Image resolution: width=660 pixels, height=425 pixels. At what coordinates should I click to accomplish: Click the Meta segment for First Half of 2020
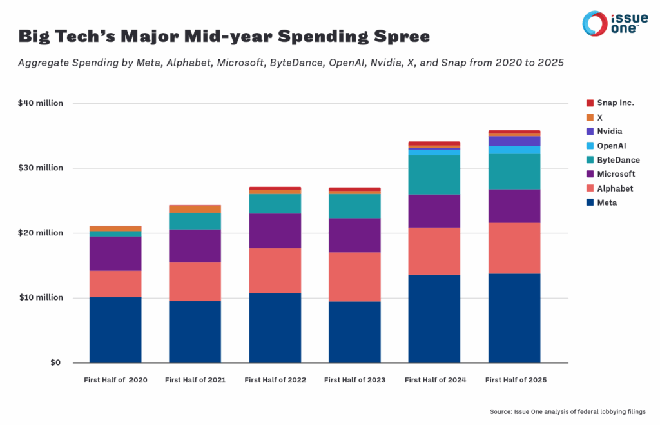point(115,330)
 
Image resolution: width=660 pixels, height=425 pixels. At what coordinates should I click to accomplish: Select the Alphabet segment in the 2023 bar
point(354,277)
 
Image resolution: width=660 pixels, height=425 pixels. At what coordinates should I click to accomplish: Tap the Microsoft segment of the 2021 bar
point(195,246)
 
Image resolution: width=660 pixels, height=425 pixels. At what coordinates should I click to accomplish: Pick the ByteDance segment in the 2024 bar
point(434,175)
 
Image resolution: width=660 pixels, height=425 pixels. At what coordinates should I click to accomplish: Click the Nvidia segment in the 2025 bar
point(514,141)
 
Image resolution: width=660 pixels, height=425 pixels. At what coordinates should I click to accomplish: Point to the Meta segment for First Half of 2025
point(514,318)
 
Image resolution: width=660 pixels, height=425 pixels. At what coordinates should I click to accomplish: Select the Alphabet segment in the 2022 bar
point(275,270)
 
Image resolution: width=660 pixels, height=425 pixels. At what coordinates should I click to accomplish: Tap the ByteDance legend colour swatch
point(589,160)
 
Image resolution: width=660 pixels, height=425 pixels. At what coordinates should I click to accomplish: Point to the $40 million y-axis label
point(41,103)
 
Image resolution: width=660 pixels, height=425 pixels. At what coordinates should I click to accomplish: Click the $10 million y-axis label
point(41,298)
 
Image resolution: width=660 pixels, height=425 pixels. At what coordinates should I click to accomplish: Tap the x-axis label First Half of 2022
point(275,380)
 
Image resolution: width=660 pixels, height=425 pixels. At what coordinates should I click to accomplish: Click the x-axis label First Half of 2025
point(514,380)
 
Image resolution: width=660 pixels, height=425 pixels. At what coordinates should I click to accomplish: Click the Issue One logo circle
point(594,24)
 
